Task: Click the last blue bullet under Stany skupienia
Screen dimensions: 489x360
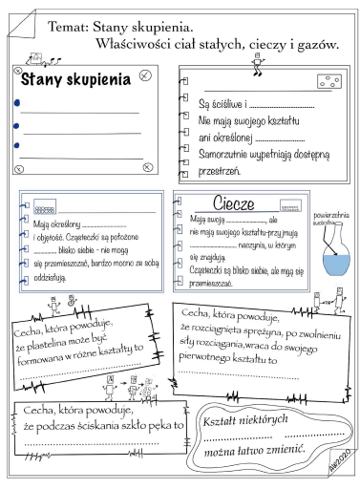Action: pos(18,145)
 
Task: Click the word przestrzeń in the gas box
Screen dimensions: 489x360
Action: pos(219,172)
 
